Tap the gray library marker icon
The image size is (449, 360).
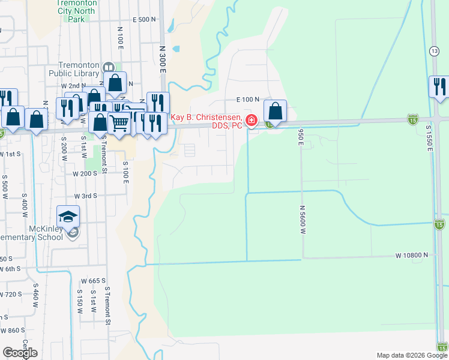(109, 67)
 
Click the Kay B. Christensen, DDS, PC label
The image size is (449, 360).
(207, 121)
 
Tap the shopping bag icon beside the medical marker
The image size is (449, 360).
(275, 112)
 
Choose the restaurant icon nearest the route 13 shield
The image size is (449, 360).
(439, 86)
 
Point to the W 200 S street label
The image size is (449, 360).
(85, 173)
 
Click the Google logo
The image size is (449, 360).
(20, 353)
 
